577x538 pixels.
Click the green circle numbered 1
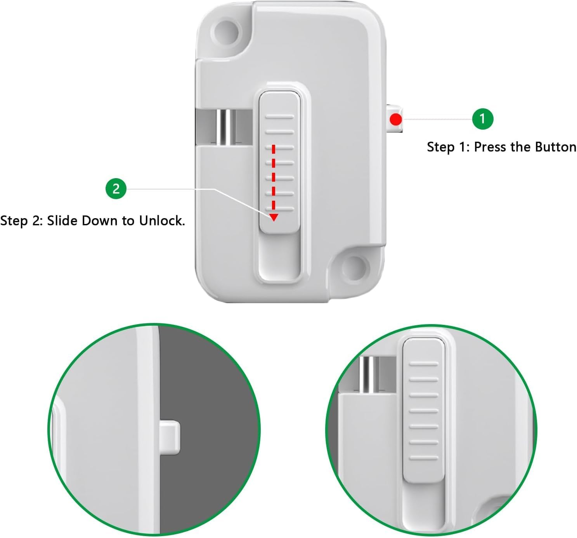pos(482,118)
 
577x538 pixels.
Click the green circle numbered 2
pos(116,189)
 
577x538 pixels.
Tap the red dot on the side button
pos(395,119)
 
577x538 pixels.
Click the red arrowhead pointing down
pos(274,217)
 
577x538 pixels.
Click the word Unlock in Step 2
pos(162,221)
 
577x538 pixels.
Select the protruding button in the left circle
pos(170,437)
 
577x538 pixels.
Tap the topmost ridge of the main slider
pos(279,117)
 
